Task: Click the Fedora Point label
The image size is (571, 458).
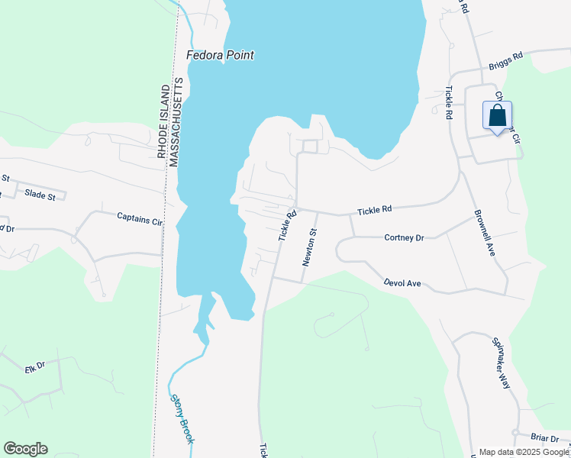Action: click(x=221, y=55)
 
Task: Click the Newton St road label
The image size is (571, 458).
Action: click(x=308, y=247)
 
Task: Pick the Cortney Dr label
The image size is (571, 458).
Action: click(x=404, y=238)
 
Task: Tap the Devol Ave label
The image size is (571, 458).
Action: click(x=402, y=283)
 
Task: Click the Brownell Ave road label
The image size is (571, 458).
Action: click(x=484, y=232)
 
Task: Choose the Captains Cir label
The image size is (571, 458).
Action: click(x=140, y=220)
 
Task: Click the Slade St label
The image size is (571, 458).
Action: click(x=40, y=196)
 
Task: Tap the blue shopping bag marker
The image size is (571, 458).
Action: click(x=497, y=117)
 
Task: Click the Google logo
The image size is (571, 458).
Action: click(x=25, y=449)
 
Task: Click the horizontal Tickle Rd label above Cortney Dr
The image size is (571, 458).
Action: click(x=375, y=209)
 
